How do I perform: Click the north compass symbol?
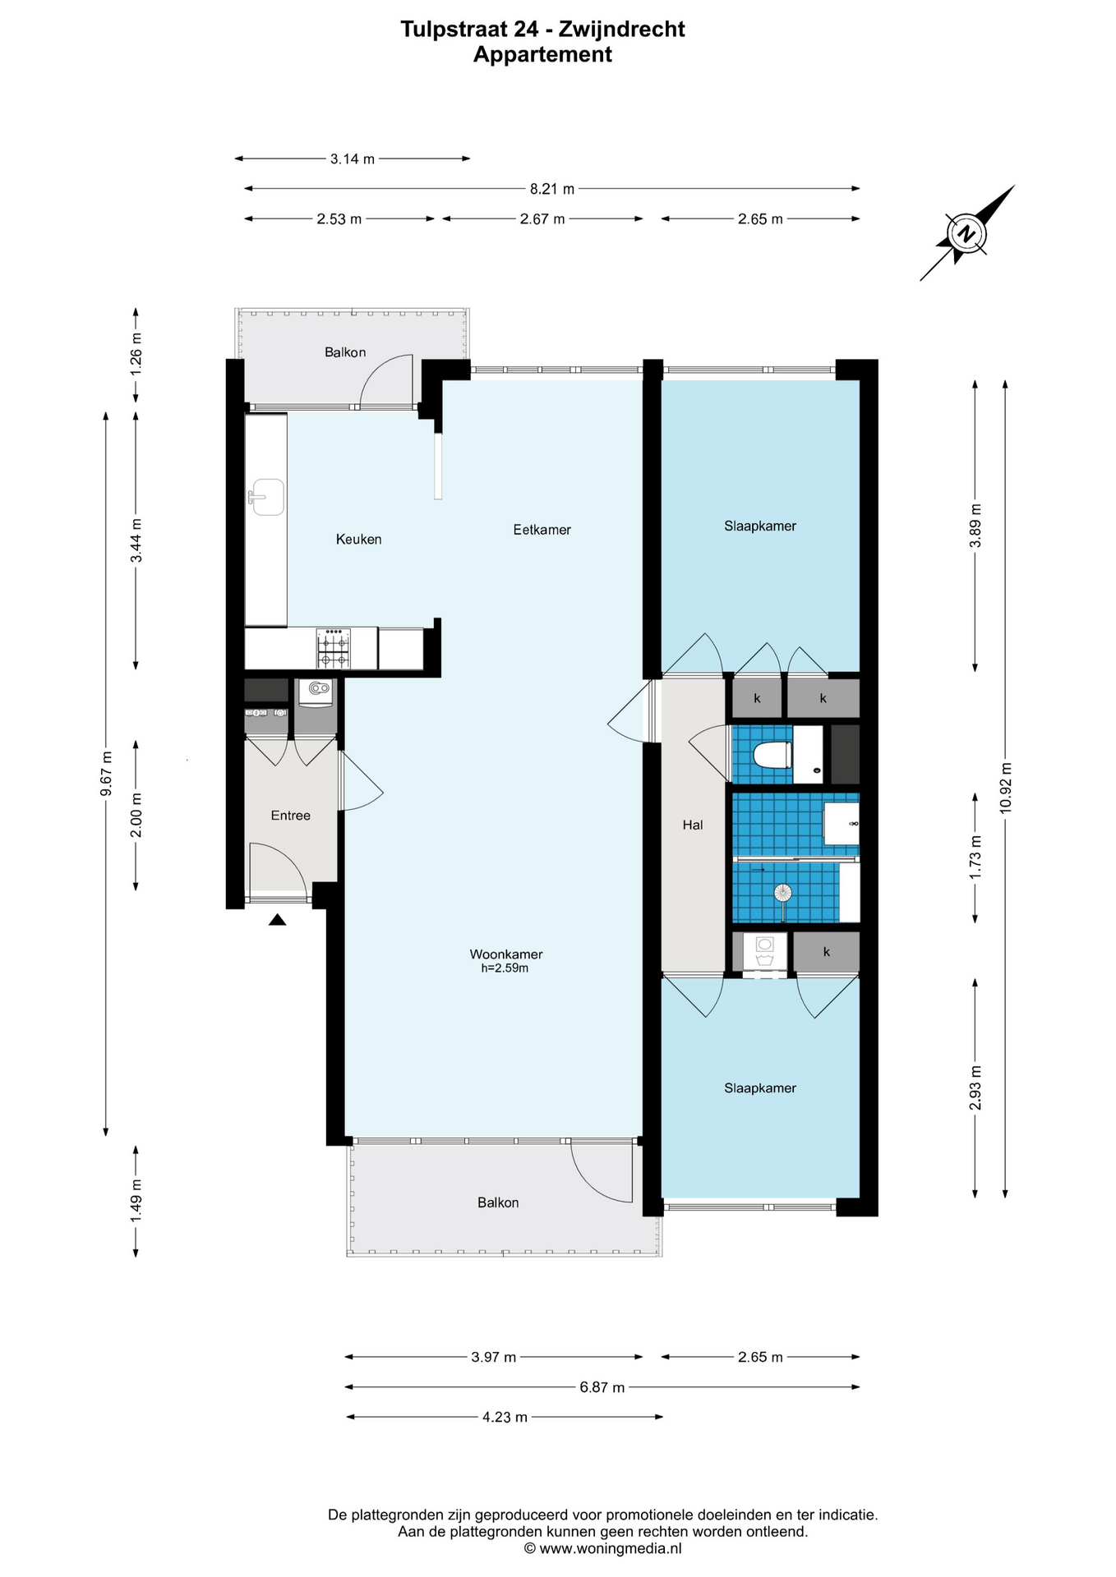coord(968,233)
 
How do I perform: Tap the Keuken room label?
coord(358,540)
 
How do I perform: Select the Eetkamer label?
coord(542,530)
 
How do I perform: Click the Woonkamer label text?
coord(506,954)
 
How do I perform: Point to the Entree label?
coord(291,816)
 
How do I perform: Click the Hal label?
coord(693,825)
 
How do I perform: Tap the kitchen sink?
coord(266,497)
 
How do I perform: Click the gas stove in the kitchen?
coord(333,649)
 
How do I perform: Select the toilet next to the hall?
coord(772,754)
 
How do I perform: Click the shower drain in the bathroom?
coord(784,892)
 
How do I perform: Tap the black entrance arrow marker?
coord(278,920)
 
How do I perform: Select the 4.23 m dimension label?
coord(505,1417)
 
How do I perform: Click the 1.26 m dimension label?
coord(136,353)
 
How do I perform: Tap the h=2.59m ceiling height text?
coord(505,968)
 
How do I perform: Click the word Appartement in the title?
coord(542,55)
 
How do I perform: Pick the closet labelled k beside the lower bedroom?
coord(827,952)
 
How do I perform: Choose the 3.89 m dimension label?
coord(975,526)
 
